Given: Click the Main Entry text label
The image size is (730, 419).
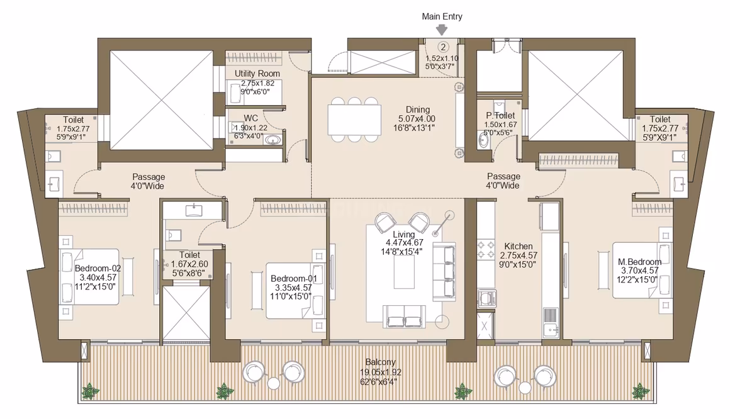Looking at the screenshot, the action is (x=442, y=16).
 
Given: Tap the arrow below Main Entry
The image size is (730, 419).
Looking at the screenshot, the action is (x=442, y=30).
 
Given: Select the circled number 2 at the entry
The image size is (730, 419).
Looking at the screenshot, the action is (x=443, y=47).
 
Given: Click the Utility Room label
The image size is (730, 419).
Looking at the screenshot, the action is (x=257, y=74).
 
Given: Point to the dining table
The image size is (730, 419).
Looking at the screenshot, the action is (x=354, y=120).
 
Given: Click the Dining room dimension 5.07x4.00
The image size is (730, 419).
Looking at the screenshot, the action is (x=417, y=119).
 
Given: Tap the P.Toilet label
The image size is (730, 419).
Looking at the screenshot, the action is (x=500, y=116).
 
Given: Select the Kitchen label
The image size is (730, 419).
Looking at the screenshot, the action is (x=518, y=246).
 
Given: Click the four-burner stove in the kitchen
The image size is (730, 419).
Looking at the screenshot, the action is (x=486, y=250).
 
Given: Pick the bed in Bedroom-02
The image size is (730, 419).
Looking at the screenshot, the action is (x=90, y=277).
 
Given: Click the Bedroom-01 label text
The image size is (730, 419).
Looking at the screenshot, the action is (x=294, y=279).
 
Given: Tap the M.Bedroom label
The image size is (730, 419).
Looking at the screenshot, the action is (x=639, y=262).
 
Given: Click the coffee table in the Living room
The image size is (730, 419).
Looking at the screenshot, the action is (x=404, y=272).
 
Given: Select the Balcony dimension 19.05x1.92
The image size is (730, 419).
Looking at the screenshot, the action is (x=380, y=372).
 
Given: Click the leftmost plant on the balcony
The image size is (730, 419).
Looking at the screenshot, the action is (x=89, y=391).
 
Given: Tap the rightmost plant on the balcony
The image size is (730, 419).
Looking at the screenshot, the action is (x=641, y=391).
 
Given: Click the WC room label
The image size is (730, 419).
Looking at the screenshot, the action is (x=250, y=118).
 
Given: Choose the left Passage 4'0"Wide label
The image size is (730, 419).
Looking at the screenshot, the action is (x=148, y=182).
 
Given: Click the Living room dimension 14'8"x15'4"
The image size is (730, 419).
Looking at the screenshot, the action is (x=401, y=252).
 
